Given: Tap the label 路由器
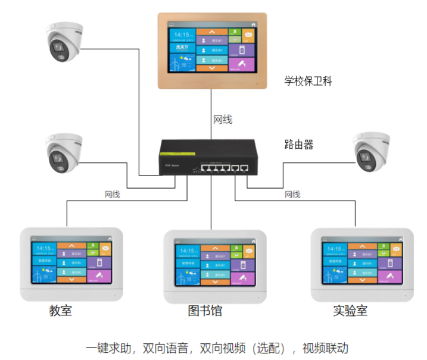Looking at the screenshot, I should coord(298,145).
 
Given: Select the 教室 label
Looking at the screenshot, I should coord(60,311).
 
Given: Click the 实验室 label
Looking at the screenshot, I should coord(350,311).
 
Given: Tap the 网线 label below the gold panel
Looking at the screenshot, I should coord(223,120).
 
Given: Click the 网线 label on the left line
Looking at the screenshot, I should coord(112,195).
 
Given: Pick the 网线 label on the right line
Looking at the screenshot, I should coord(292,195).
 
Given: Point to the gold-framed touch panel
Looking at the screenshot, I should coord(211,51).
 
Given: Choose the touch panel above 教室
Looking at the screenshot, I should coord(71,262).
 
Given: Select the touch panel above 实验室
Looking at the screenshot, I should coord(362,262).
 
